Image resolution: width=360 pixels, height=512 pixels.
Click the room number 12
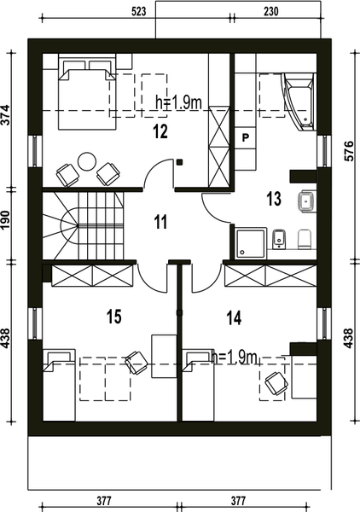pyautogui.click(x=160, y=131)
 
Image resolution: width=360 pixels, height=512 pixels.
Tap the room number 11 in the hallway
pyautogui.click(x=160, y=222)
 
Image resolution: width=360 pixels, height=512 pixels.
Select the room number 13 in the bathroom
pyautogui.click(x=274, y=199)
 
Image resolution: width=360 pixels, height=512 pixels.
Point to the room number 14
pyautogui.click(x=234, y=317)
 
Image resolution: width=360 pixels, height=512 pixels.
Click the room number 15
pyautogui.click(x=114, y=317)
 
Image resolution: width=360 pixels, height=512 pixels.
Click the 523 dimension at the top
pyautogui.click(x=139, y=12)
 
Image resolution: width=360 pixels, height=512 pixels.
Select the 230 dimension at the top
pyautogui.click(x=271, y=12)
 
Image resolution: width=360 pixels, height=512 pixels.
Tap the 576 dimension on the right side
pyautogui.click(x=349, y=150)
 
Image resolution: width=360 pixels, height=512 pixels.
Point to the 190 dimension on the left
pyautogui.click(x=6, y=220)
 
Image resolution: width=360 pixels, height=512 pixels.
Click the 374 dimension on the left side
pyautogui.click(x=6, y=114)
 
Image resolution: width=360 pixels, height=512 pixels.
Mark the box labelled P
pyautogui.click(x=245, y=137)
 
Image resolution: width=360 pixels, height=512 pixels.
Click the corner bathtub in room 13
pyautogui.click(x=299, y=102)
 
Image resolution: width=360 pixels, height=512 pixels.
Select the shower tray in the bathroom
pyautogui.click(x=250, y=243)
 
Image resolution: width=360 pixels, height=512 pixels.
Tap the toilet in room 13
pyautogui.click(x=305, y=239)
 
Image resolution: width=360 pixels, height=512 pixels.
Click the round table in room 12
pyautogui.click(x=87, y=161)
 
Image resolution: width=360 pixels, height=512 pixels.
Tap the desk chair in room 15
pyautogui.click(x=136, y=362)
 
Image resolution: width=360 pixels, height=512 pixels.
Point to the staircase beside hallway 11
pyautogui.click(x=84, y=225)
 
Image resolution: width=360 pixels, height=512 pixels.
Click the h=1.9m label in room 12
pyautogui.click(x=179, y=103)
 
